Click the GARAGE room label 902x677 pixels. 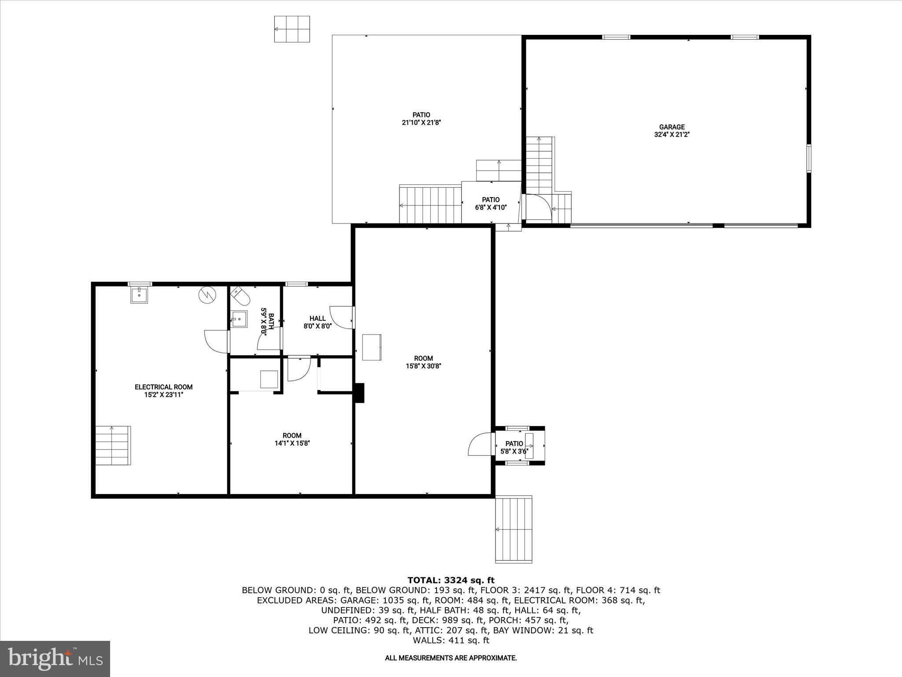(x=672, y=131)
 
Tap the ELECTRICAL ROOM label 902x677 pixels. (x=163, y=391)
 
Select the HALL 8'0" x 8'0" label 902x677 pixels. (x=317, y=322)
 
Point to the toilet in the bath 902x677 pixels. (x=240, y=296)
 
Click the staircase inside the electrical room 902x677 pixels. (x=113, y=445)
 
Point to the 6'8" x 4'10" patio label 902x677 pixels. (x=491, y=204)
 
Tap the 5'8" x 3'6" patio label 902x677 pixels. (x=514, y=447)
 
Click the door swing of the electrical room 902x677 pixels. (x=216, y=341)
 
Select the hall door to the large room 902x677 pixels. (x=342, y=317)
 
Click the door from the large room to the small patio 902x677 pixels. (x=480, y=444)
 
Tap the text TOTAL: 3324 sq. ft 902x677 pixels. (x=451, y=580)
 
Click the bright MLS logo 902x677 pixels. (x=55, y=658)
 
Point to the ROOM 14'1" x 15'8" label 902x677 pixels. (x=292, y=439)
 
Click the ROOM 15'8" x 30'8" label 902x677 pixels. (x=423, y=362)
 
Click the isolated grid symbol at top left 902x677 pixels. (x=292, y=29)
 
